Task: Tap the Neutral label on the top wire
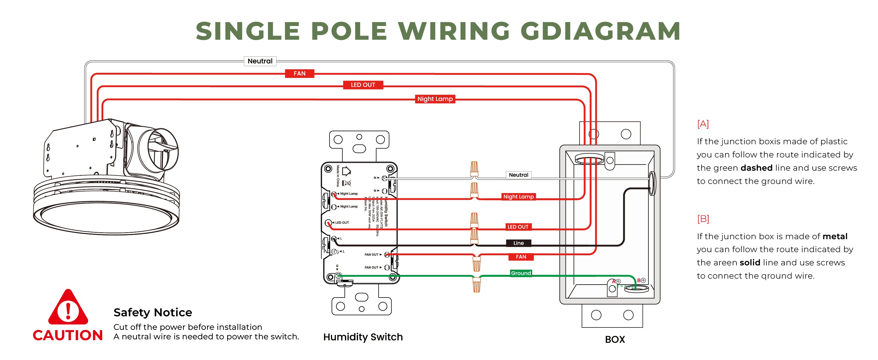click(x=260, y=61)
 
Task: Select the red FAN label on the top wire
click(x=300, y=73)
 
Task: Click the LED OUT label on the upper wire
click(x=363, y=85)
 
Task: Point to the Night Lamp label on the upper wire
click(x=435, y=99)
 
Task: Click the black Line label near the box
click(x=518, y=243)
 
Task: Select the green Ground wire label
click(x=521, y=273)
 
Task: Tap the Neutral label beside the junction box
click(x=518, y=175)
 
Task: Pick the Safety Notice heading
click(x=153, y=312)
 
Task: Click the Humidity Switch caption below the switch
click(x=363, y=337)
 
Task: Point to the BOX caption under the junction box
click(x=615, y=339)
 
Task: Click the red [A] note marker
click(x=703, y=124)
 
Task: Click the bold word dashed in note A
click(x=756, y=168)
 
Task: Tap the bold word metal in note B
click(x=835, y=236)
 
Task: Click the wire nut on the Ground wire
click(x=477, y=284)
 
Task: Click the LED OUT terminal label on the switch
click(x=342, y=223)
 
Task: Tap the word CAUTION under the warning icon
click(x=68, y=335)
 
